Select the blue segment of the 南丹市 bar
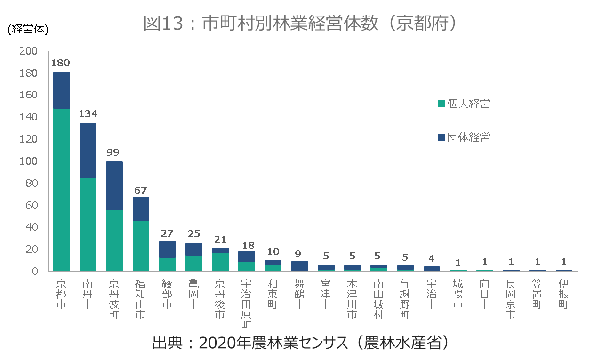click(88, 151)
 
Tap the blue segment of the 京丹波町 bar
click(114, 186)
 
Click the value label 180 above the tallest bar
click(61, 63)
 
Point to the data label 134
click(88, 114)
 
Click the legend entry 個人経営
click(464, 104)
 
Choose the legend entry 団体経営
click(464, 137)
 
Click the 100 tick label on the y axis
click(28, 161)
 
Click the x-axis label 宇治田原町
click(246, 304)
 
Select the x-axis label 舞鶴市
click(299, 294)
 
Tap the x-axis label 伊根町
click(563, 294)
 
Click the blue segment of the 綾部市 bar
click(167, 249)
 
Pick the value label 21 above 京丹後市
click(220, 240)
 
